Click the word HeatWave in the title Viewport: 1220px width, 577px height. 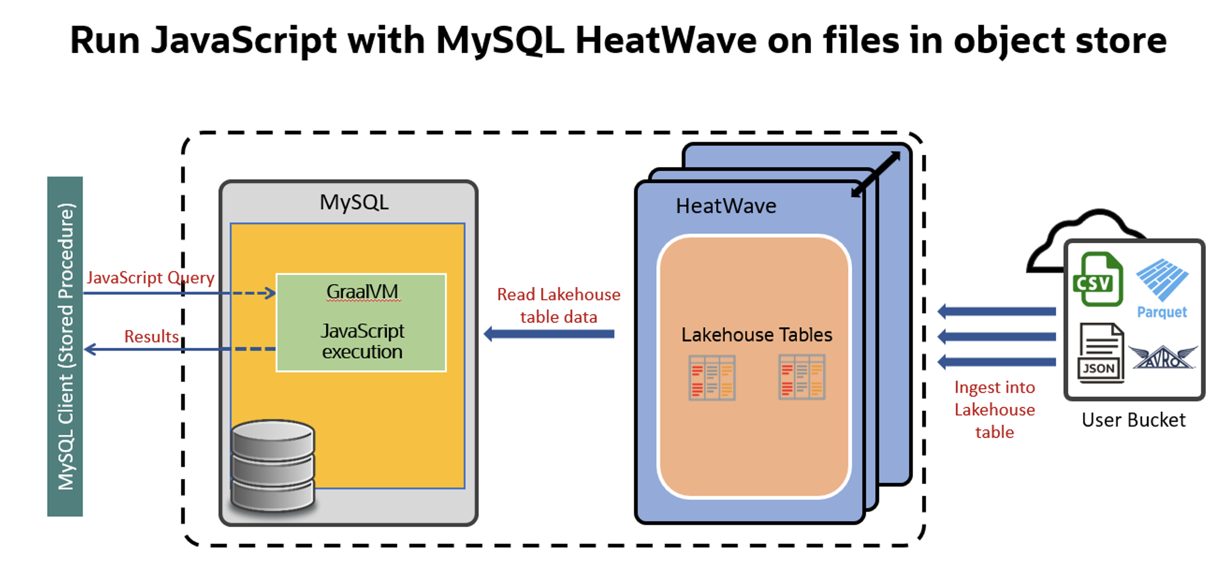click(x=666, y=41)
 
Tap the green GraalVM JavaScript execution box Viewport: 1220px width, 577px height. click(x=361, y=323)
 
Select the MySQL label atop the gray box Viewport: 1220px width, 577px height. click(x=353, y=202)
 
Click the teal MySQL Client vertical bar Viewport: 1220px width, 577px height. click(x=64, y=346)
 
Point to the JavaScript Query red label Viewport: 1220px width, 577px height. click(x=150, y=277)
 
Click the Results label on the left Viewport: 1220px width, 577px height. click(x=151, y=337)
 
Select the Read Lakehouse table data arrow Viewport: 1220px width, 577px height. click(x=549, y=334)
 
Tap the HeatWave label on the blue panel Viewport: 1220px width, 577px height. click(x=725, y=206)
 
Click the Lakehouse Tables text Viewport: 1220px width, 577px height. click(x=756, y=335)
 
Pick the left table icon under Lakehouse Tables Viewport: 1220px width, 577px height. click(x=711, y=378)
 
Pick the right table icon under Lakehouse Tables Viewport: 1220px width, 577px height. click(x=802, y=377)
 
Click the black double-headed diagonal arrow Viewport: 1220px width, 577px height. click(x=875, y=174)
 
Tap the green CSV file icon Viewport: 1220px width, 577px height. click(x=1097, y=280)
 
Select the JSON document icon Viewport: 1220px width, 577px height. click(x=1100, y=353)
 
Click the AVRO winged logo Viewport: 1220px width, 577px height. click(x=1163, y=358)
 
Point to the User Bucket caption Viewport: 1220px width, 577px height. click(x=1133, y=420)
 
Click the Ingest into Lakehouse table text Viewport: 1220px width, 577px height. click(x=994, y=409)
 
